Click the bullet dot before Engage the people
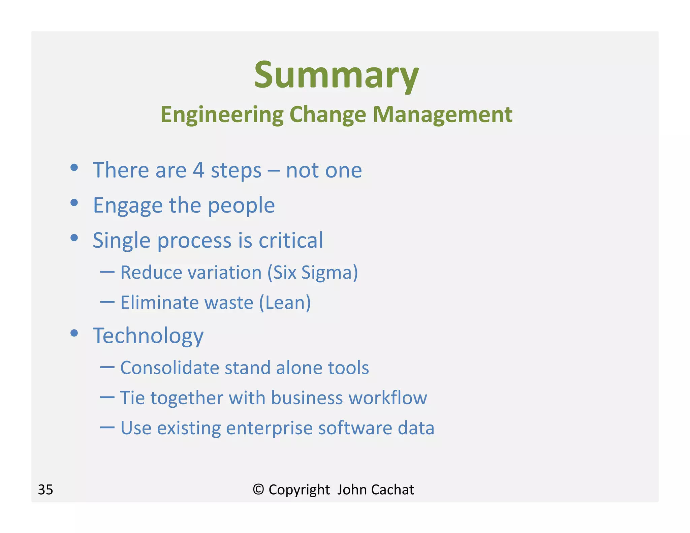pyautogui.click(x=74, y=202)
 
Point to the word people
pyautogui.click(x=241, y=206)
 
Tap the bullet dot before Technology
pyautogui.click(x=74, y=333)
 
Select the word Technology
pyautogui.click(x=148, y=336)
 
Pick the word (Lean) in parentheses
pyautogui.click(x=285, y=303)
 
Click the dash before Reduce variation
pyautogui.click(x=107, y=271)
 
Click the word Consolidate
pyautogui.click(x=170, y=368)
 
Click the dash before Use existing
pyautogui.click(x=107, y=427)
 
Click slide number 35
pyautogui.click(x=45, y=490)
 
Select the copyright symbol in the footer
pyautogui.click(x=258, y=489)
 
